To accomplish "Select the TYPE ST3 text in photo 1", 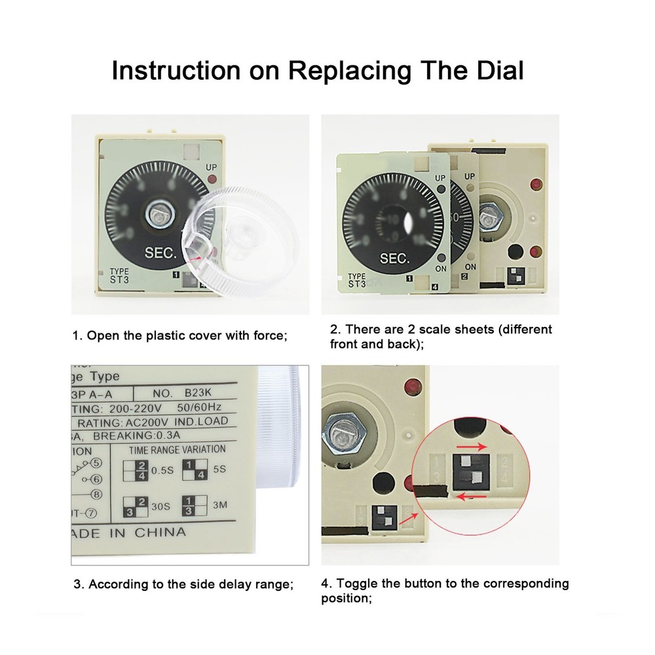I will [120, 276].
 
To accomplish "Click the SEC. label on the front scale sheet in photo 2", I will [394, 258].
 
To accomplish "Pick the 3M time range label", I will [219, 506].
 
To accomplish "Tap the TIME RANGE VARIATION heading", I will [177, 449].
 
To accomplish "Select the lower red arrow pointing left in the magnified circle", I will [471, 496].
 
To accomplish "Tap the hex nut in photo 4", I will [342, 433].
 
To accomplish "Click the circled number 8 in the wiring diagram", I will [96, 495].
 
